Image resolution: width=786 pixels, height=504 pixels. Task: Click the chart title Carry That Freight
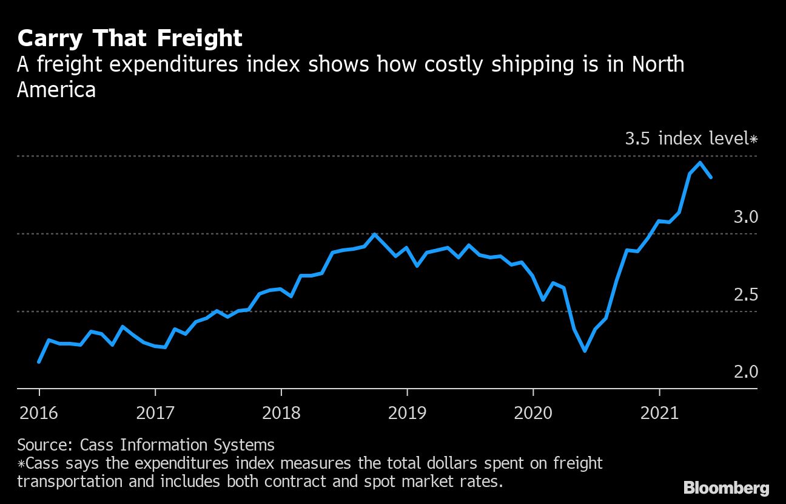click(130, 39)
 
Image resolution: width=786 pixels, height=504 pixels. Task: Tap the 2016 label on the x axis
click(38, 414)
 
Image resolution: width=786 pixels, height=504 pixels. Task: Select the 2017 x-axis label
click(155, 414)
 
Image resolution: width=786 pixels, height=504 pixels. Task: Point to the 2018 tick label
click(281, 414)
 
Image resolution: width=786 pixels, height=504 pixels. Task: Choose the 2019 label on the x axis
click(407, 414)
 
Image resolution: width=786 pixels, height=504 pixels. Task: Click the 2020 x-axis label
click(533, 414)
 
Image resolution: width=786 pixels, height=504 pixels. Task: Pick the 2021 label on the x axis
click(659, 414)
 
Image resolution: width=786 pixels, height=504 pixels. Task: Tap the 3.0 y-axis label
click(745, 217)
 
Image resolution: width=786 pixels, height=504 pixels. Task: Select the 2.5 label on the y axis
click(745, 295)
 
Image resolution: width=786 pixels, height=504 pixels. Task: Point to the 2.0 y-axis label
click(745, 372)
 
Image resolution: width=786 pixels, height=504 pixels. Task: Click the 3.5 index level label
click(691, 139)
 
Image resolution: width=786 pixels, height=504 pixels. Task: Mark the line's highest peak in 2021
click(700, 163)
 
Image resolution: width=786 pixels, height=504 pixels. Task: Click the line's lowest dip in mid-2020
click(585, 351)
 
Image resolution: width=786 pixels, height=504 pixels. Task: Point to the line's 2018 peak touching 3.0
click(375, 234)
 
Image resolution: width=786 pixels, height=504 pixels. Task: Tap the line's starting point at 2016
click(39, 362)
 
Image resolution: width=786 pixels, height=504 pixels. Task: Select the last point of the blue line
click(711, 177)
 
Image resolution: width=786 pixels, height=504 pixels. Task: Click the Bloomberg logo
click(726, 488)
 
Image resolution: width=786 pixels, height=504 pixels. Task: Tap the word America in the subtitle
click(56, 90)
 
